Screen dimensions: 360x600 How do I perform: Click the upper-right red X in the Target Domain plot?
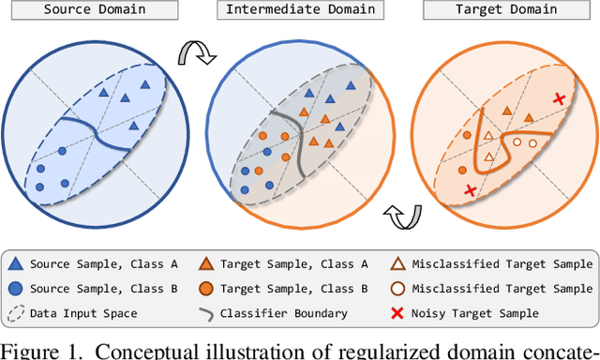pos(560,98)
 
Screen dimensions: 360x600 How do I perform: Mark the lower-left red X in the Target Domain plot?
pos(470,191)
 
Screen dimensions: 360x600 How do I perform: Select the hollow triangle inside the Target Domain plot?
pos(487,137)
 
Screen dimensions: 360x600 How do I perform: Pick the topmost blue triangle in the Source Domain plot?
pos(144,84)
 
